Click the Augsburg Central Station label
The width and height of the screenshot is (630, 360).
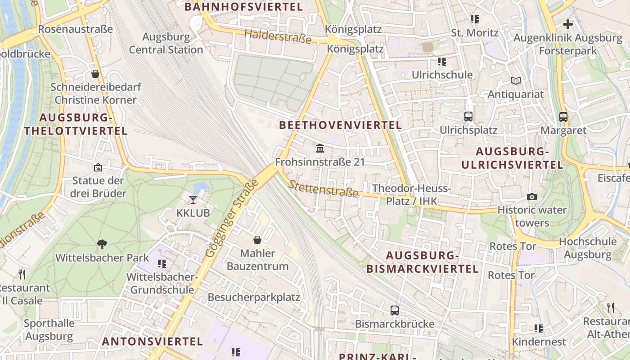tap(166, 43)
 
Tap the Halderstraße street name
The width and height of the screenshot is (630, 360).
tap(278, 36)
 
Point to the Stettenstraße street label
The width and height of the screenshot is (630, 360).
tap(324, 189)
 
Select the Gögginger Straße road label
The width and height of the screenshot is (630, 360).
tap(232, 219)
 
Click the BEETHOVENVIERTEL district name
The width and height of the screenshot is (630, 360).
tap(340, 125)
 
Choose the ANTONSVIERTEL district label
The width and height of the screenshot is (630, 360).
tap(152, 341)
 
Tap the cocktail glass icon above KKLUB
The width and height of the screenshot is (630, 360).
tap(193, 199)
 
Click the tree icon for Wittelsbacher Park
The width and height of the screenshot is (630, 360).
tap(102, 244)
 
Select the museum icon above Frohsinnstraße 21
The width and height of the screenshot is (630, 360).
tap(320, 148)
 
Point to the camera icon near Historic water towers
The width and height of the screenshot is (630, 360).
tap(532, 197)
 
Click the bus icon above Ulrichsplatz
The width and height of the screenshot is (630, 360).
tap(468, 117)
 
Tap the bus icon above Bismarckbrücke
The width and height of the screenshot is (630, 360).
tap(395, 310)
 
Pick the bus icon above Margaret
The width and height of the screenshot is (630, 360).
tap(563, 117)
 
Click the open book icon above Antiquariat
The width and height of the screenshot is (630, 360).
tap(516, 81)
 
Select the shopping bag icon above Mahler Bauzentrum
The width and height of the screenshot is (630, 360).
tap(257, 240)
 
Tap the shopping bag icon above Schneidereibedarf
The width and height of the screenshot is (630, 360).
tap(95, 74)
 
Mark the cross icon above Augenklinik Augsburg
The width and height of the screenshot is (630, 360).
tap(568, 24)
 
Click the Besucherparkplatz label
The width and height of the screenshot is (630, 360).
tap(254, 297)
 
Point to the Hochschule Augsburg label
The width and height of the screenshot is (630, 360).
tap(587, 248)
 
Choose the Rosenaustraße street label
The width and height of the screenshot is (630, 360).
tap(75, 29)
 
